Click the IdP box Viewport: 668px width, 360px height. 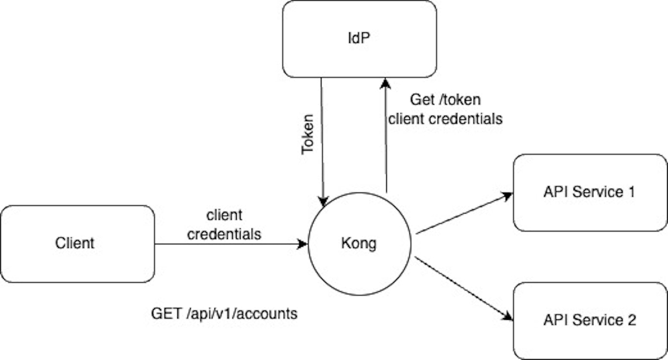click(359, 39)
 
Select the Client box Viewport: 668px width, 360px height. click(77, 243)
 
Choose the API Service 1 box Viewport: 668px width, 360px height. click(590, 192)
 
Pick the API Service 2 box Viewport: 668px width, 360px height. click(590, 320)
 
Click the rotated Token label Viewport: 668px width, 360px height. click(307, 135)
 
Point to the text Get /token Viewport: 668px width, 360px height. click(445, 100)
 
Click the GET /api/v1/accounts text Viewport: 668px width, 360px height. click(224, 314)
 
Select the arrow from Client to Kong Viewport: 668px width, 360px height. click(228, 244)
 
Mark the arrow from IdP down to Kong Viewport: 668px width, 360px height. click(322, 140)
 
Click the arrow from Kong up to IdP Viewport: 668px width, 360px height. click(385, 140)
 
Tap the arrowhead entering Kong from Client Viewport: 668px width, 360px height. click(303, 244)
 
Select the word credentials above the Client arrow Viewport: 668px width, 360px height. click(224, 234)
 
